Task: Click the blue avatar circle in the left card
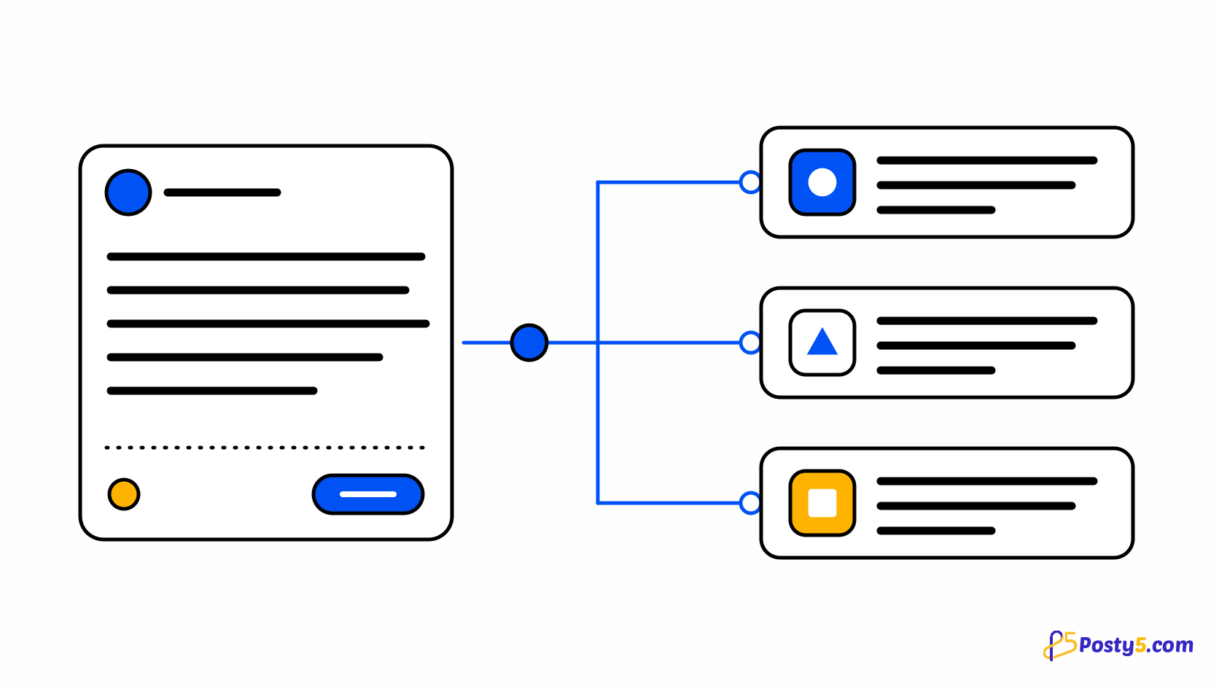(128, 192)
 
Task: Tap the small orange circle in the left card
(124, 494)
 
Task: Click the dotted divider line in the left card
(265, 448)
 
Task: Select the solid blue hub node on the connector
(529, 343)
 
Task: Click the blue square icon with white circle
(822, 182)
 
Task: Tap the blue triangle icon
(822, 342)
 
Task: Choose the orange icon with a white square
(822, 503)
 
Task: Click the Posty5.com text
(1136, 645)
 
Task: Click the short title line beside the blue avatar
(222, 192)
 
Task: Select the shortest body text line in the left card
(212, 391)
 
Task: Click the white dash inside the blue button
(368, 494)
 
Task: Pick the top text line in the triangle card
(987, 321)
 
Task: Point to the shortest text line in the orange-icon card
(936, 531)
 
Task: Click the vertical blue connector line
(598, 343)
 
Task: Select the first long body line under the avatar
(266, 257)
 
